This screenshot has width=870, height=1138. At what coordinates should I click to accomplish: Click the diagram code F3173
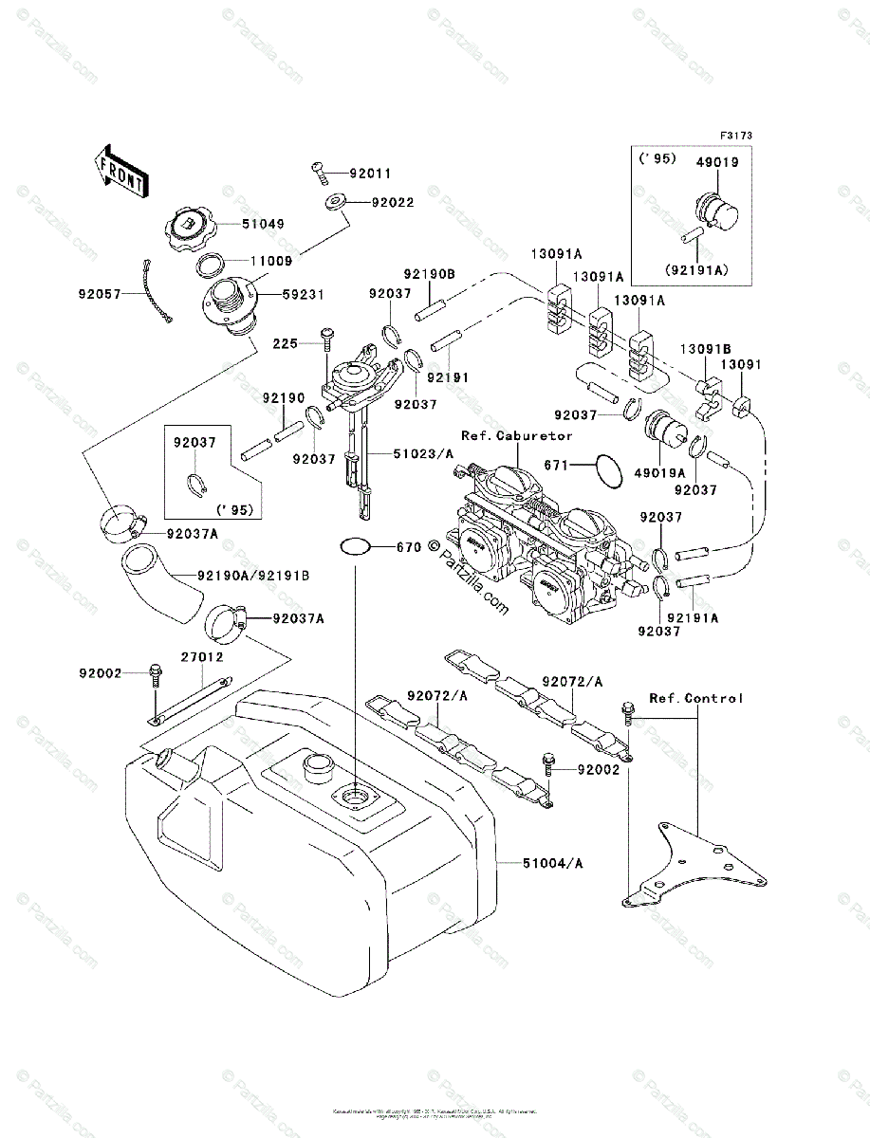point(735,137)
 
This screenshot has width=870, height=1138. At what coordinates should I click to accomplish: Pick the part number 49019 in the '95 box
point(718,162)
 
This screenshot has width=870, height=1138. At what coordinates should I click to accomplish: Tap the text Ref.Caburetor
point(517,436)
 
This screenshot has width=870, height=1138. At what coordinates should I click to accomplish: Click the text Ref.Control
point(696,698)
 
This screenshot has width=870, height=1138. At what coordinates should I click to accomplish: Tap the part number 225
point(286,342)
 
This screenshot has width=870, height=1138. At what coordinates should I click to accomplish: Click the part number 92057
point(99,294)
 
